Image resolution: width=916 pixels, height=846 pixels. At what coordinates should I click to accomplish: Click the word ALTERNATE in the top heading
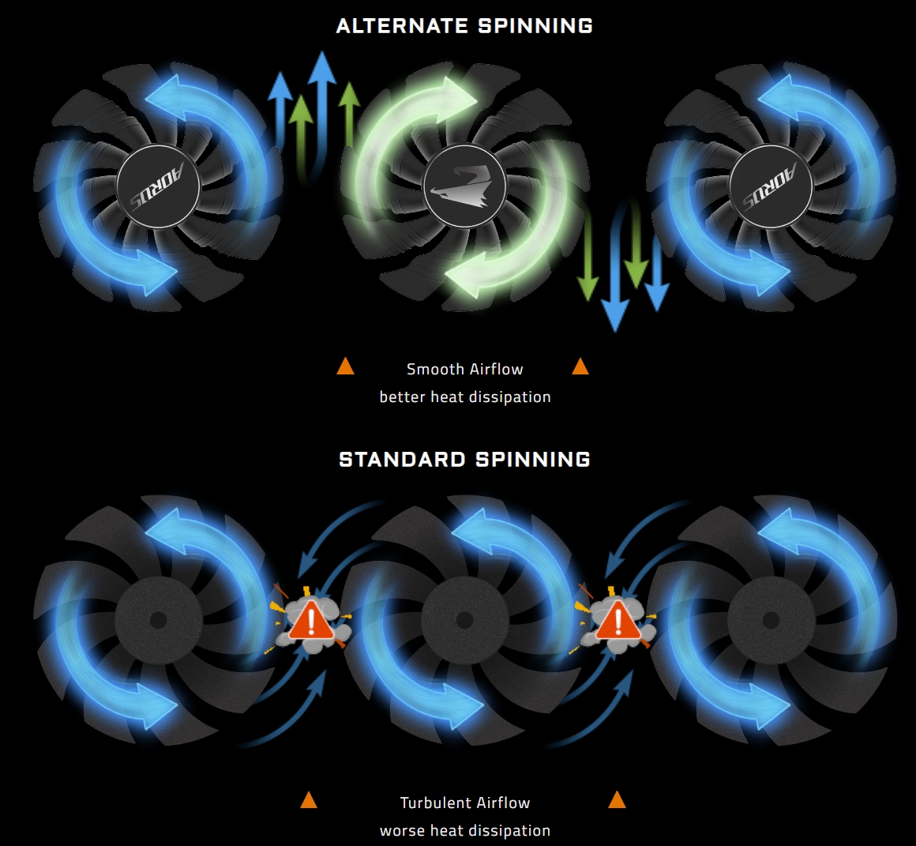(402, 26)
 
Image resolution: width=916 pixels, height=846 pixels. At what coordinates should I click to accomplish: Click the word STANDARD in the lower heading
(402, 460)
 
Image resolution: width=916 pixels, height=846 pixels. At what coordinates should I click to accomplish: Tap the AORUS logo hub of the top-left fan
(159, 187)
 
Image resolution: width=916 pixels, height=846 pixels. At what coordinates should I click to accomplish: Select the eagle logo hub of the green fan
(465, 187)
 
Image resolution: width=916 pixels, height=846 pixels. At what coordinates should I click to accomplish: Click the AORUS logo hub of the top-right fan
(771, 187)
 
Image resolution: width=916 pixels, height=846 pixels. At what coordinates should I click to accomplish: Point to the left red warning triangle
(312, 621)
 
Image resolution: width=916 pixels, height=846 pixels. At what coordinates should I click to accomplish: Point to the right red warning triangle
(618, 621)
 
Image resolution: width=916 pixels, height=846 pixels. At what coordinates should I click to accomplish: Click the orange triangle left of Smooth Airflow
(345, 367)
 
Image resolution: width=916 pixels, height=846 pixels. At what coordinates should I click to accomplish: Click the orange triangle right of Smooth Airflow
(580, 367)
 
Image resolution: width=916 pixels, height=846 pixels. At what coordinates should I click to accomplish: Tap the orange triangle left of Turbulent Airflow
(309, 800)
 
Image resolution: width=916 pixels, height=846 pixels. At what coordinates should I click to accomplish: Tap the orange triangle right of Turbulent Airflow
(617, 800)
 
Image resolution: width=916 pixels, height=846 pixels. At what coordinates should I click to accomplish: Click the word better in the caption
(403, 397)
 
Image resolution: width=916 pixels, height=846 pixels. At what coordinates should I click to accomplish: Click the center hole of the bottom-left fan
(158, 620)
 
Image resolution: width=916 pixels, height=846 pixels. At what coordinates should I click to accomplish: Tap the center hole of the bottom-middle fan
(464, 620)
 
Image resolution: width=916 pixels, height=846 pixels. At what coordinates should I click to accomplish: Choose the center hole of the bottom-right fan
(771, 620)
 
